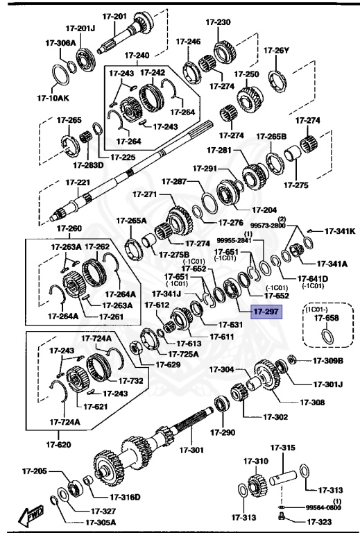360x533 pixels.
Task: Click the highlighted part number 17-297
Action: coord(266,312)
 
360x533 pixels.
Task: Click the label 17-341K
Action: coord(341,231)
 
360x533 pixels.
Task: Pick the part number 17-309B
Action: coord(327,360)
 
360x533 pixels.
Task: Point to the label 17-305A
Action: coord(101,523)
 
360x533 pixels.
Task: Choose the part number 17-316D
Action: coord(125,496)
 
